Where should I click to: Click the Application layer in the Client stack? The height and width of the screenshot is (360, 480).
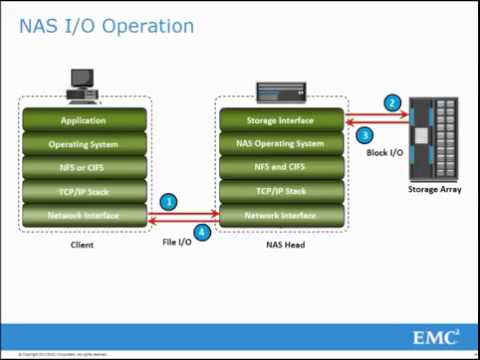(x=83, y=120)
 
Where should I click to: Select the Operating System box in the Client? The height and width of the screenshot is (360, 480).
(x=83, y=143)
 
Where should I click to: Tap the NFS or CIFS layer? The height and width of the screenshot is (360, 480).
(x=83, y=167)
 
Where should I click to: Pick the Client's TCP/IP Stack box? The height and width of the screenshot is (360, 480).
(x=83, y=190)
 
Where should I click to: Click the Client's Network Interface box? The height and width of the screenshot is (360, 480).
(x=83, y=214)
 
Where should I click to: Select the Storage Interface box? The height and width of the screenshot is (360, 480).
(x=280, y=120)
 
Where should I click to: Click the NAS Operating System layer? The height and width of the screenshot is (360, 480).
(x=280, y=143)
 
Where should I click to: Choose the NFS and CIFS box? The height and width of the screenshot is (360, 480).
(x=280, y=167)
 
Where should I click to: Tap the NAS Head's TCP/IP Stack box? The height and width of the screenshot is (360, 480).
(x=280, y=190)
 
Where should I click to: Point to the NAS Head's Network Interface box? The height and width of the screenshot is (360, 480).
(x=280, y=214)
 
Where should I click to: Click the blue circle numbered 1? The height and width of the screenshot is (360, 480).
(x=170, y=202)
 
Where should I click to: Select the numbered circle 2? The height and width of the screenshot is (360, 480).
(x=392, y=103)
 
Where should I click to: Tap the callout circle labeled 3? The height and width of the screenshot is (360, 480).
(x=365, y=135)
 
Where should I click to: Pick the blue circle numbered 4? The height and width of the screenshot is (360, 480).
(x=203, y=233)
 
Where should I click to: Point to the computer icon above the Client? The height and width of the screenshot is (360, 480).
(x=81, y=84)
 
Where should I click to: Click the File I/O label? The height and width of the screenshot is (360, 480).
(x=178, y=242)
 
